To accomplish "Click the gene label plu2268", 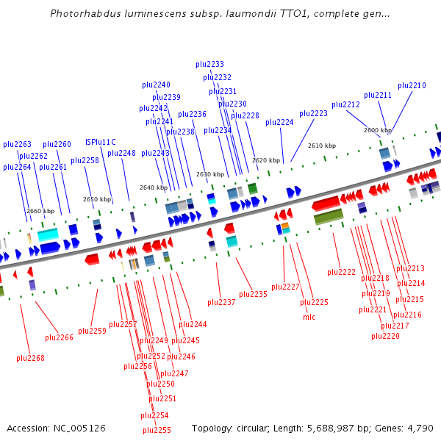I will click(30, 359).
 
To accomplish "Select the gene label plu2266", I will click(59, 338).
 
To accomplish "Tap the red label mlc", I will click(309, 317).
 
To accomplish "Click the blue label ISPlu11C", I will click(101, 142).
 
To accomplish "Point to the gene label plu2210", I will click(412, 86).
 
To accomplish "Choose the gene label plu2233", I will click(209, 64).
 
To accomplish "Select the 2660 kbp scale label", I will click(40, 211).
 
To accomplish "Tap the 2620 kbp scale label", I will click(266, 160).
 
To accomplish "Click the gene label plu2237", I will click(221, 302).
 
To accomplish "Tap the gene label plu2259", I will click(92, 331).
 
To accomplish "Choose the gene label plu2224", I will click(279, 122).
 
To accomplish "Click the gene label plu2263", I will click(17, 145).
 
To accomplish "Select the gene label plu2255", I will click(157, 431).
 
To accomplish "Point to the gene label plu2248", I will click(121, 154).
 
